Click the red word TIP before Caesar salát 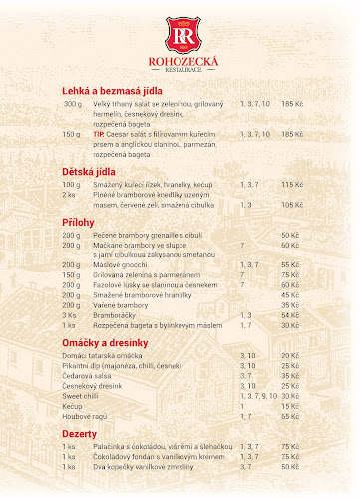coord(98,133)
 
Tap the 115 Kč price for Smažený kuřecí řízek coord(291,185)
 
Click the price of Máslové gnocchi coord(291,264)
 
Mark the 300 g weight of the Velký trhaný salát coord(72,104)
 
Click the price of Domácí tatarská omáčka coord(291,355)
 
